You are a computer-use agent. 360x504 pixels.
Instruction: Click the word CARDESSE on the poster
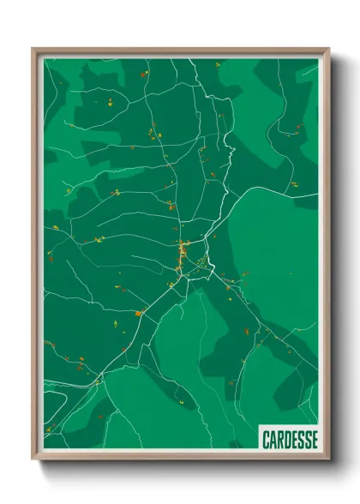(x=287, y=438)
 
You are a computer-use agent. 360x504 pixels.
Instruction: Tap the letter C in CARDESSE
(x=265, y=438)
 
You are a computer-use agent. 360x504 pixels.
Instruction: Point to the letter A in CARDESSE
(x=272, y=438)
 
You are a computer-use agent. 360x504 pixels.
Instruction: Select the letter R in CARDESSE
(x=279, y=438)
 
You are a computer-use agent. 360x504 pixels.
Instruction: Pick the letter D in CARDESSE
(x=285, y=438)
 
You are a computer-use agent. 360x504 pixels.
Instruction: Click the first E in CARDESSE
(x=292, y=438)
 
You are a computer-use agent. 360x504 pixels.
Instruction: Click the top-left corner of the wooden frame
(x=33, y=50)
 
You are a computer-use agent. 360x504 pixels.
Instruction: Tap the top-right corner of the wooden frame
(x=328, y=50)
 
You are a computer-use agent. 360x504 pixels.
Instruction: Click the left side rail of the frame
(x=35, y=257)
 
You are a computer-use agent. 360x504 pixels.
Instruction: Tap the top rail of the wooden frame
(x=180, y=51)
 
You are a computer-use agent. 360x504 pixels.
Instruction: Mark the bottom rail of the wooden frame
(x=180, y=458)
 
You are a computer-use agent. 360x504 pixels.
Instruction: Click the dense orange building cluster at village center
(x=183, y=254)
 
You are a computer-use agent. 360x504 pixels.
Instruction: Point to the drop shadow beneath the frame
(x=180, y=466)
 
